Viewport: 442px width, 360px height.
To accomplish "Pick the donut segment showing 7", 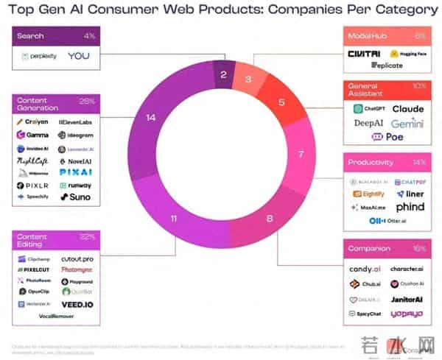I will click(300, 155).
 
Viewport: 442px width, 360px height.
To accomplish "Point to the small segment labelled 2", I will click(223, 74).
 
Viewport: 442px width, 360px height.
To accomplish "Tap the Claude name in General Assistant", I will click(407, 109).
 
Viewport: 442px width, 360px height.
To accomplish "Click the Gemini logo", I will click(407, 124).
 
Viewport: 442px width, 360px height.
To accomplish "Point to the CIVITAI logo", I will click(365, 54).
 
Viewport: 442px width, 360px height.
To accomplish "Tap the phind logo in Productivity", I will click(410, 208).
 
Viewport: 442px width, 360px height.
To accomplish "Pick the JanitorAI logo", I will click(407, 300).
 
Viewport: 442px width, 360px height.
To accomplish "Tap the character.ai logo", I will click(406, 269).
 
